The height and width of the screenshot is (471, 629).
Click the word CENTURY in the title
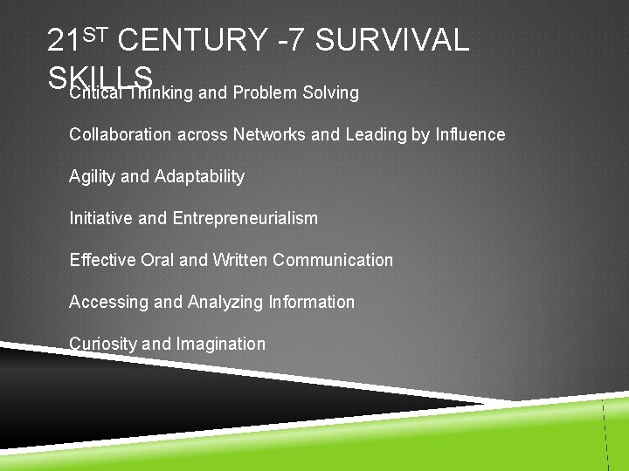point(191,40)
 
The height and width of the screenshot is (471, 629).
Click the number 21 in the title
point(65,40)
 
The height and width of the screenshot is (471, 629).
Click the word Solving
point(329,92)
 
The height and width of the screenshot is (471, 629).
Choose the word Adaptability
point(199,176)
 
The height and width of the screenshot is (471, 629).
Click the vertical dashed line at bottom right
point(605,436)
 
